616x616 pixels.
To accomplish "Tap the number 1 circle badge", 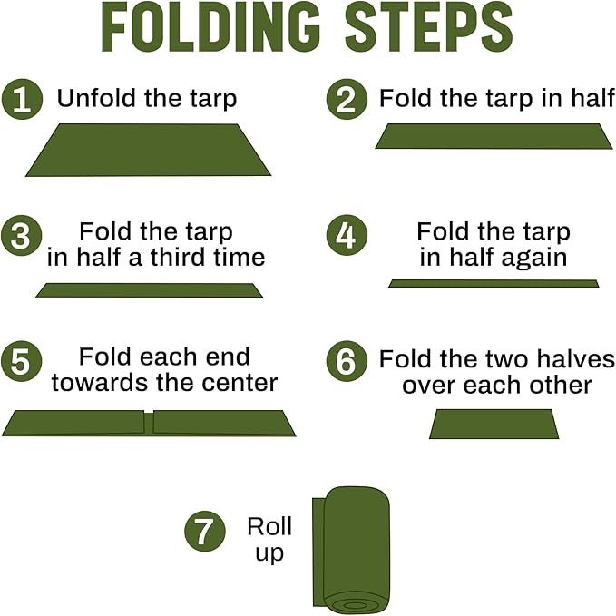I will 22,99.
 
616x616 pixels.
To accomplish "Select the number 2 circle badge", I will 346,99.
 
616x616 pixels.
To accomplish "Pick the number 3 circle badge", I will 22,237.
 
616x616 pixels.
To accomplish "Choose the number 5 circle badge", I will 22,360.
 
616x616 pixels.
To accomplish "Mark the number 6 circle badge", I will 346,361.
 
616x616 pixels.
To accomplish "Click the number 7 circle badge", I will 204,531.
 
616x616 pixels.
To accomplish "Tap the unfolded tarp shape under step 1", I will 148,150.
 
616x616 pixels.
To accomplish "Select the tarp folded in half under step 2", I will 494,136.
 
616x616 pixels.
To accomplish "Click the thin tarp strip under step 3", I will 149,290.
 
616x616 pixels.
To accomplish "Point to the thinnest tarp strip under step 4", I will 494,284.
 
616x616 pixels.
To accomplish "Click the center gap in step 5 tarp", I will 149,421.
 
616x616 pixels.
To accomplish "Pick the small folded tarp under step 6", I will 494,424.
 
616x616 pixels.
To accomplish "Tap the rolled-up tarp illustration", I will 351,540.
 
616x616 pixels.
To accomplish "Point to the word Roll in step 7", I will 269,527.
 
